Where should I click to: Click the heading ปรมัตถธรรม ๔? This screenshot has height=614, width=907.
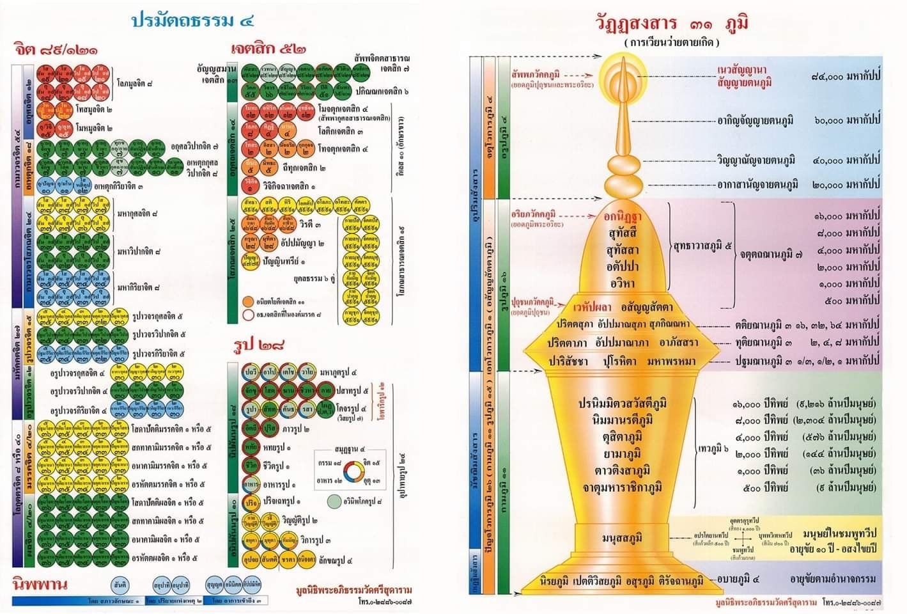(192, 20)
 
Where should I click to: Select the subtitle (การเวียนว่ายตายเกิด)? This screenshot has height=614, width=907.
(672, 43)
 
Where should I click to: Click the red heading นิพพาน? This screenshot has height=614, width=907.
(40, 584)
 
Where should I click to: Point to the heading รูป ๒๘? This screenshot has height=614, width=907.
(258, 346)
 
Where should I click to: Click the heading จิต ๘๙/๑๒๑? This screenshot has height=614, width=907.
(56, 49)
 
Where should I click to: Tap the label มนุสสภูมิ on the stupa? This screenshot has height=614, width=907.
(622, 538)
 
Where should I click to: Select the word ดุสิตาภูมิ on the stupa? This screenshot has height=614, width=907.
(621, 437)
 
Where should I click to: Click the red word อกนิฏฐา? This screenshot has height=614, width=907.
(622, 217)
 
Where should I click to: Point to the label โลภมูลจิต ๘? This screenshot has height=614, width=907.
(136, 83)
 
